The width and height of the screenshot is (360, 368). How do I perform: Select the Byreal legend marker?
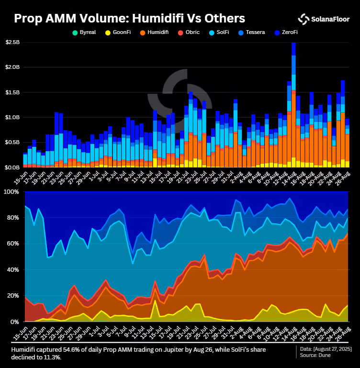click(x=75, y=33)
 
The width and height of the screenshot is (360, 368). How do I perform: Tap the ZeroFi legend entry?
click(x=286, y=33)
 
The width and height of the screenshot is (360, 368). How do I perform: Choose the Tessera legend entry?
click(x=251, y=33)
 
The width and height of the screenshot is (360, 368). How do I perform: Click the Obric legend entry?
click(x=189, y=33)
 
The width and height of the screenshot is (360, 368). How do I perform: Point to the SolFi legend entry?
click(x=219, y=33)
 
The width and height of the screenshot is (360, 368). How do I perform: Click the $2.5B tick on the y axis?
click(x=12, y=42)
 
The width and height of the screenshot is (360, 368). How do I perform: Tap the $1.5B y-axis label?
click(x=12, y=92)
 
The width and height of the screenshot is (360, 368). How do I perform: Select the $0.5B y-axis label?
click(x=12, y=142)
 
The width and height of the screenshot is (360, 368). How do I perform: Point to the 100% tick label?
click(x=11, y=192)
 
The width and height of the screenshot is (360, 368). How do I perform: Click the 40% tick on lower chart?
click(x=13, y=270)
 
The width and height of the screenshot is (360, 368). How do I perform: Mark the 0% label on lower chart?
click(x=14, y=322)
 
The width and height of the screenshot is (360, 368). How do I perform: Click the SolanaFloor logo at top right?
click(x=324, y=19)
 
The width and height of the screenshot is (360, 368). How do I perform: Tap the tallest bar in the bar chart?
click(x=293, y=105)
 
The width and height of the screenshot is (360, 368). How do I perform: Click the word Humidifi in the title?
click(x=158, y=18)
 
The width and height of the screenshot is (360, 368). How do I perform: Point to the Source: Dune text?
click(x=315, y=356)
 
